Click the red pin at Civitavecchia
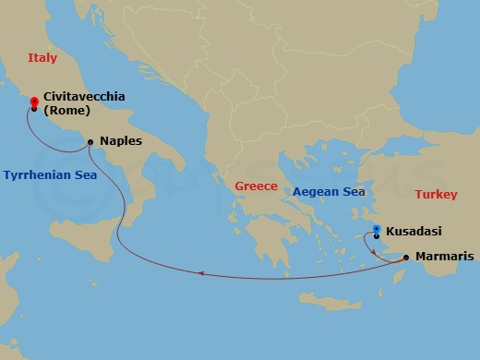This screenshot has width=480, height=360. click(34, 102)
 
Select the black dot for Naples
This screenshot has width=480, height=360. click(90, 142)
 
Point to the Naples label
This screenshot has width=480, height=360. click(120, 142)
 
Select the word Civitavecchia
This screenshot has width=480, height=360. click(84, 96)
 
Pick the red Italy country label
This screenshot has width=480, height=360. click(42, 58)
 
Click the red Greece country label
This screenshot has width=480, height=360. click(256, 186)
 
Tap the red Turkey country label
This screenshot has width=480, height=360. click(436, 194)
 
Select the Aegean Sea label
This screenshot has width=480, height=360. click(328, 192)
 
